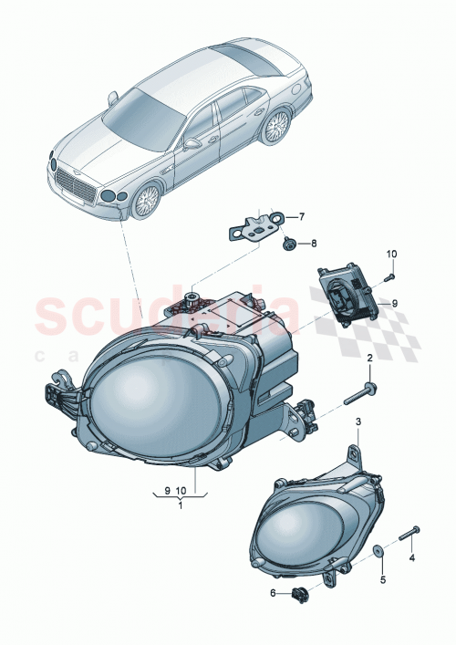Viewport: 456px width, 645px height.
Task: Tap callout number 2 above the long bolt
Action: point(370,360)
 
